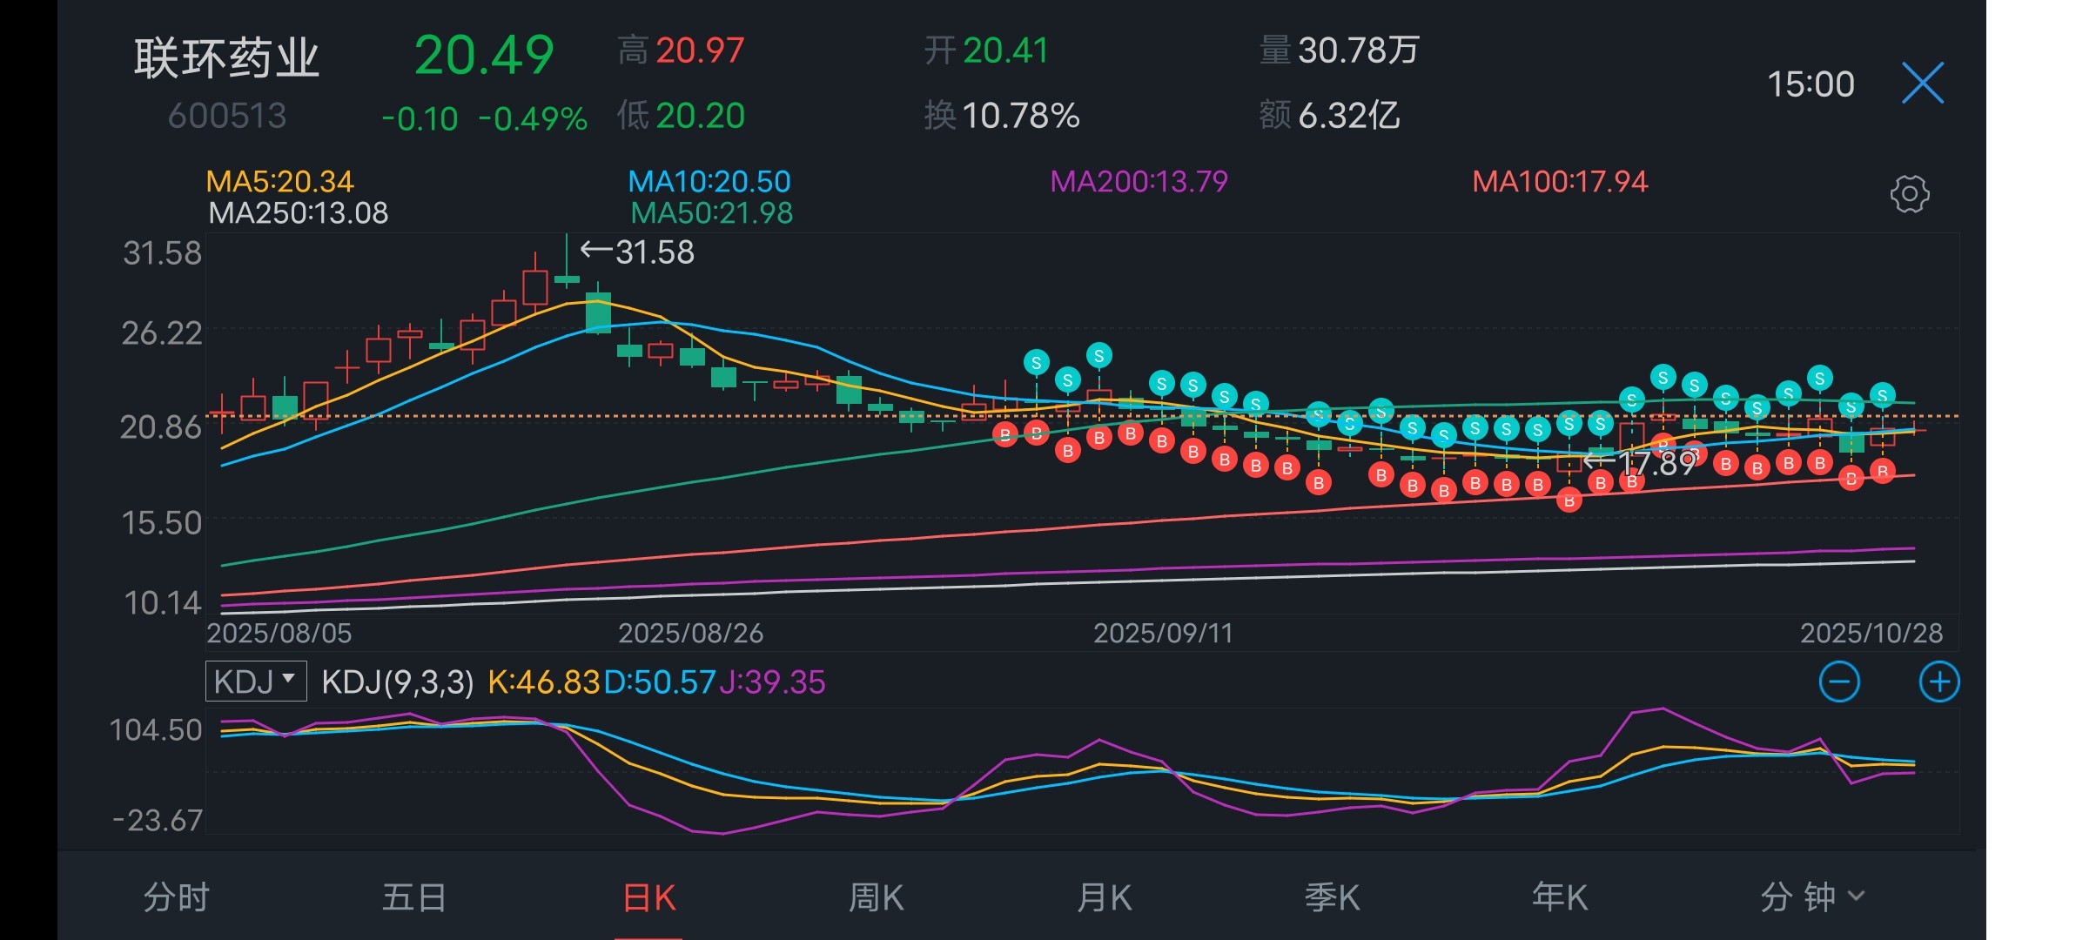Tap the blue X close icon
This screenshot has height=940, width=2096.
[1922, 84]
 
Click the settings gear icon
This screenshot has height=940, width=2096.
[1909, 194]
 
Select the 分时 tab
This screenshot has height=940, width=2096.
[177, 897]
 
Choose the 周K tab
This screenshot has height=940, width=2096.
[876, 897]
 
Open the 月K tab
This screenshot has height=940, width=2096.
[1104, 897]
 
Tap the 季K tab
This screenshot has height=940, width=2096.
[1332, 897]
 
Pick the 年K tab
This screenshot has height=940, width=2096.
[1560, 897]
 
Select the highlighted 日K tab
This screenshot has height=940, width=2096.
[648, 897]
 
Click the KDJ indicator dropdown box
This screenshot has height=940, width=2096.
[256, 681]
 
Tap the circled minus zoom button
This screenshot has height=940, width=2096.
[1839, 681]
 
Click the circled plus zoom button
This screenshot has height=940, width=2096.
[1939, 681]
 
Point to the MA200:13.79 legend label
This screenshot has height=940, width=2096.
[1139, 181]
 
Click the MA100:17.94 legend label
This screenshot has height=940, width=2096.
[1560, 181]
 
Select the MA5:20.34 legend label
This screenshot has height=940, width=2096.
[279, 181]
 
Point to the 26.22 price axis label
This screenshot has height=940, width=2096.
[162, 332]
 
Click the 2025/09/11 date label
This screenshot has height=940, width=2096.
[1163, 633]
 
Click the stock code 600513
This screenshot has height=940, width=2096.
[227, 116]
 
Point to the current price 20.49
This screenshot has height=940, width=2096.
[484, 56]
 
